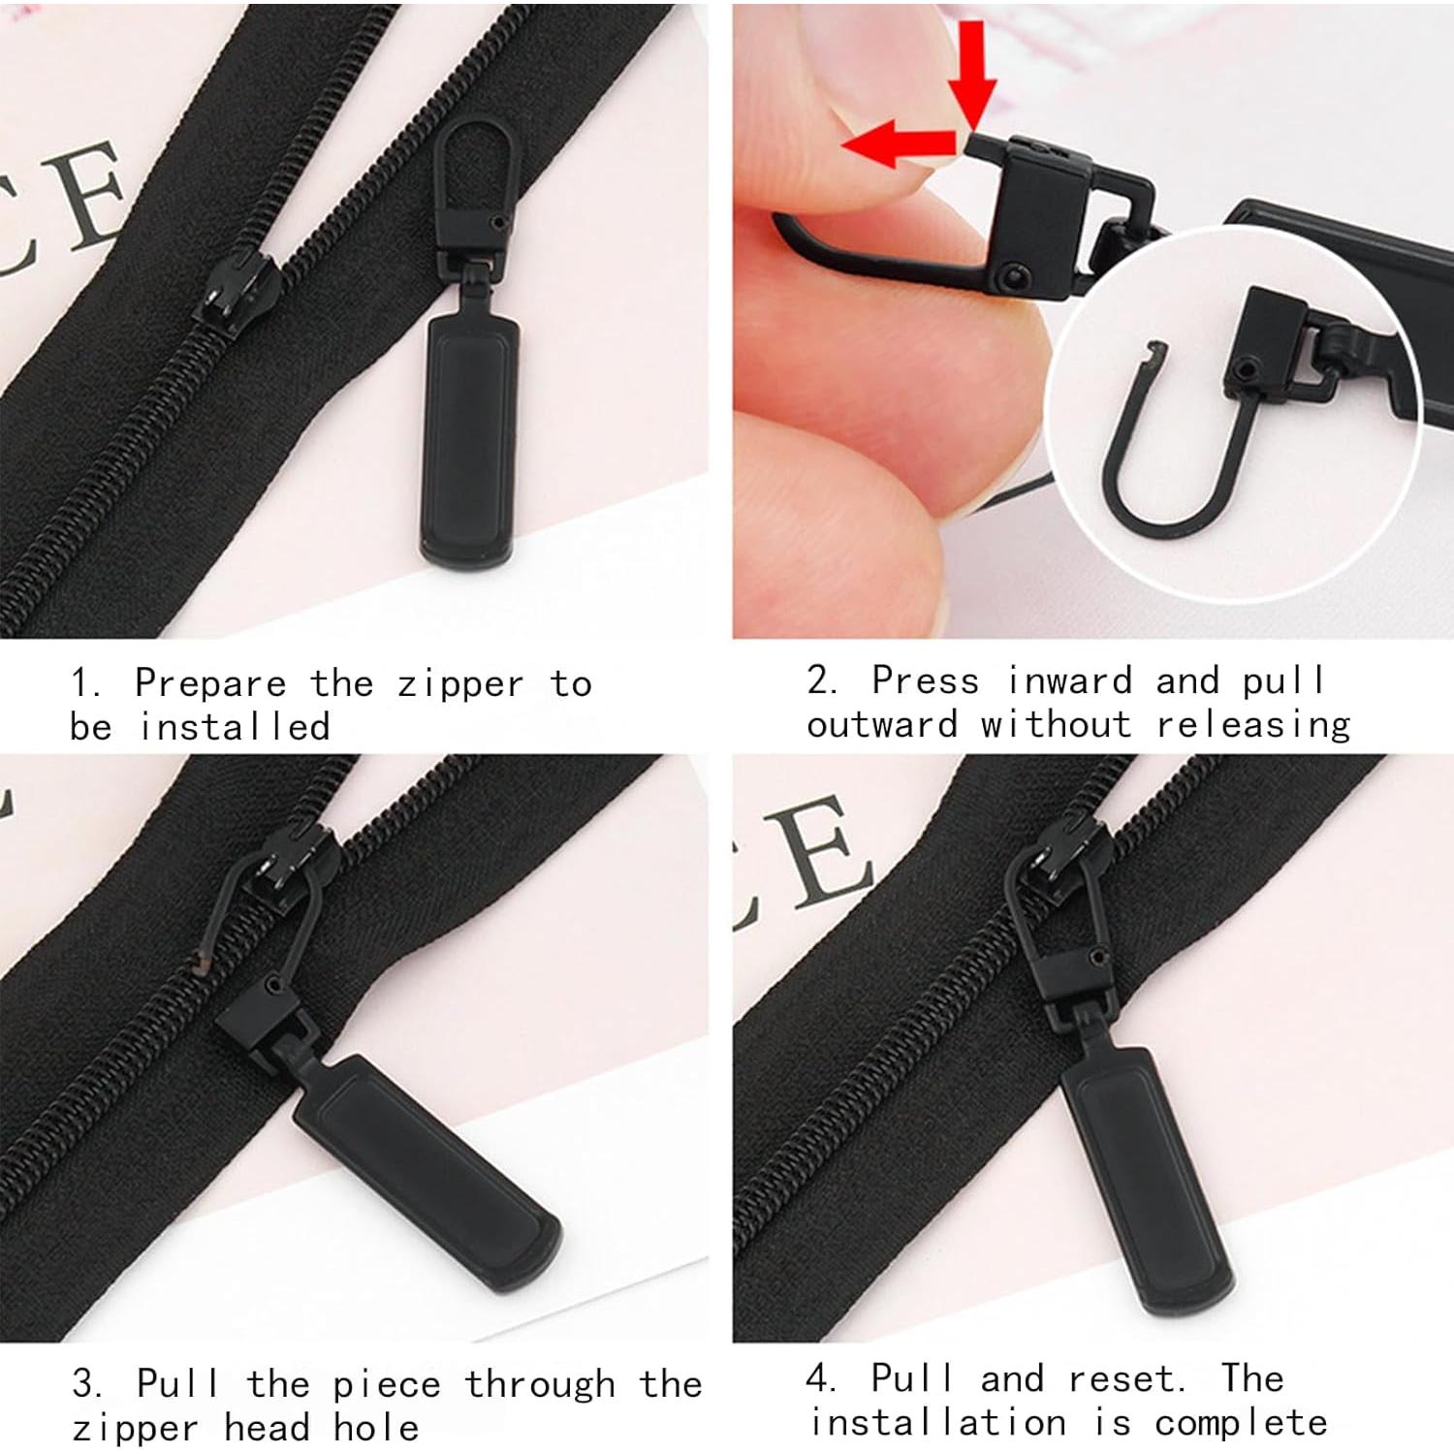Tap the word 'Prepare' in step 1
pyautogui.click(x=210, y=684)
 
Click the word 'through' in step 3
pyautogui.click(x=540, y=1384)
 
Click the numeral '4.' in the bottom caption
pyautogui.click(x=821, y=1378)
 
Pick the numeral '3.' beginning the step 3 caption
pyautogui.click(x=87, y=1384)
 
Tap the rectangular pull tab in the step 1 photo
pyautogui.click(x=469, y=441)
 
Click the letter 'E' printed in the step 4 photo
pyautogui.click(x=814, y=853)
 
